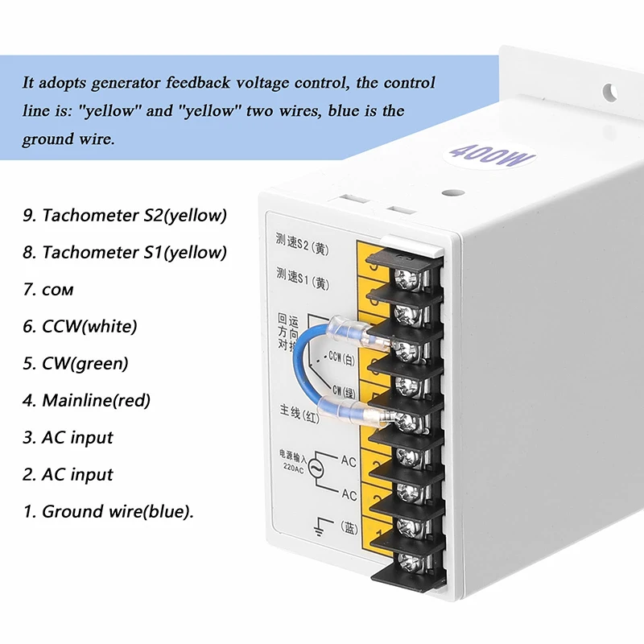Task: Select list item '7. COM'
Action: (x=54, y=289)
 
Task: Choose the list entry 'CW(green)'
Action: (x=76, y=363)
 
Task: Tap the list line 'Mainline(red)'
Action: (x=86, y=400)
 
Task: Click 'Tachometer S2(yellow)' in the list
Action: (x=125, y=215)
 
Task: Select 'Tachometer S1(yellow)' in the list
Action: (x=125, y=252)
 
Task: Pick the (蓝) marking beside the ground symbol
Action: (x=349, y=527)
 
